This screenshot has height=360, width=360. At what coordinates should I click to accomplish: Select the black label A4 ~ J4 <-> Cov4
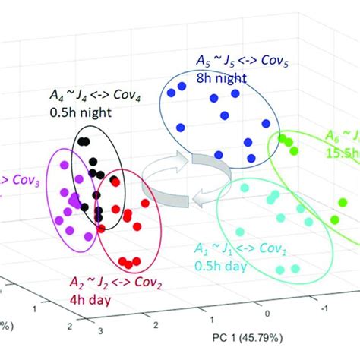pos(83,99)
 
